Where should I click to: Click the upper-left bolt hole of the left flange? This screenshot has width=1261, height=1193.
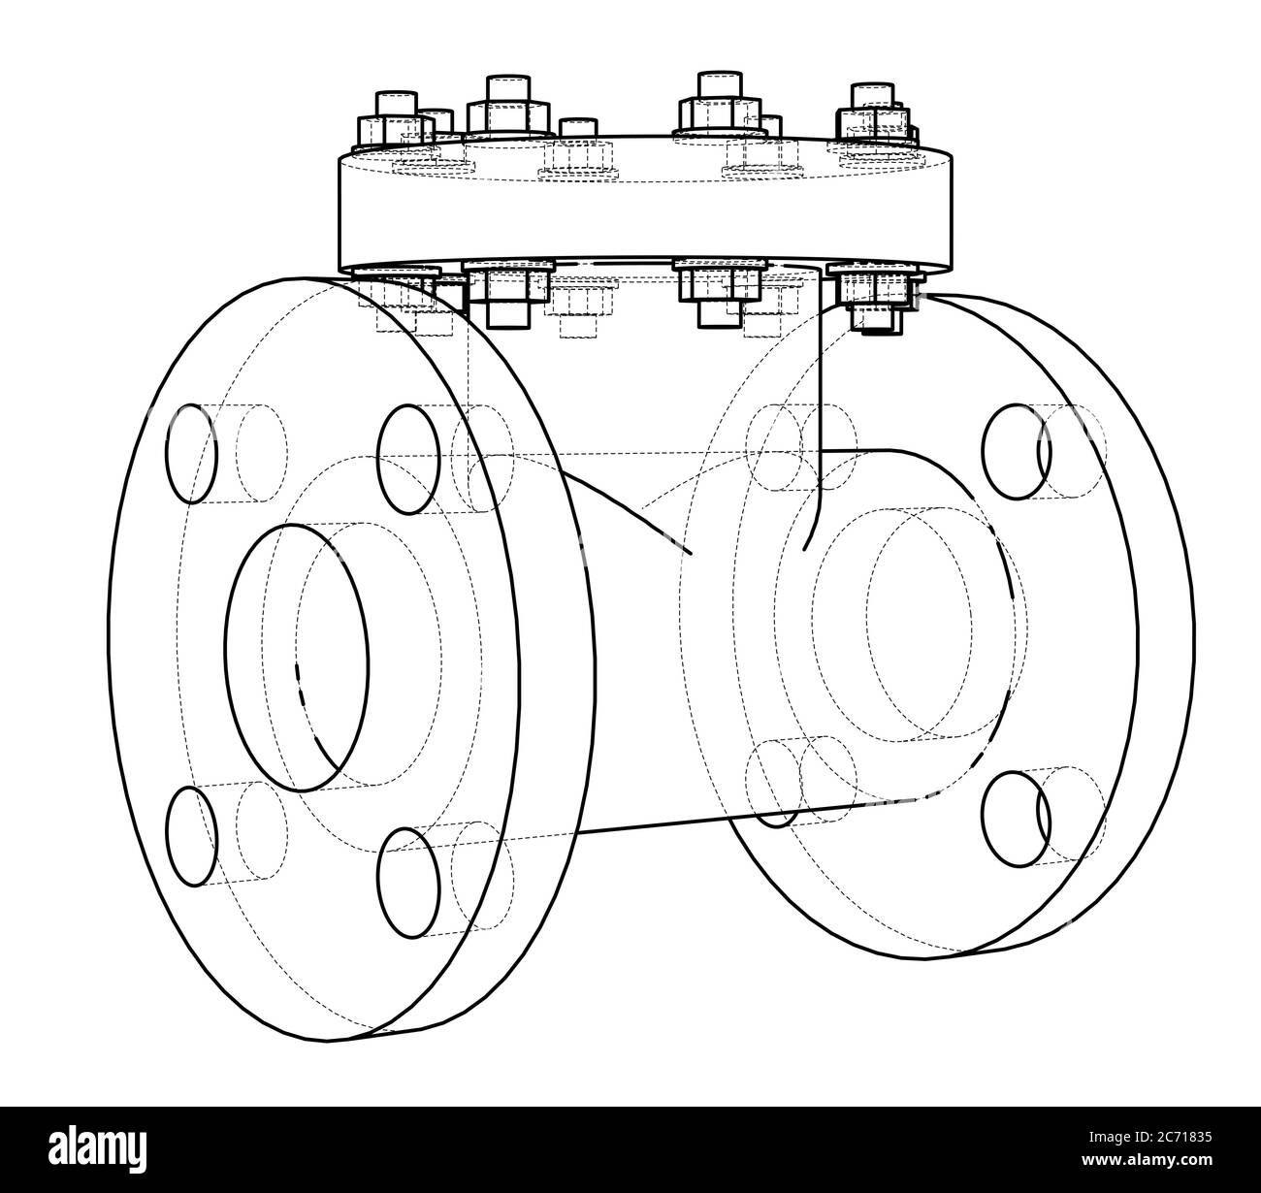(x=191, y=453)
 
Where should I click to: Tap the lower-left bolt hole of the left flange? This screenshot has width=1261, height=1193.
(x=190, y=836)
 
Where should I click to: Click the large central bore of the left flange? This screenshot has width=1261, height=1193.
(x=297, y=658)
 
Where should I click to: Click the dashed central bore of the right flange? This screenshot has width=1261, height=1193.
(x=916, y=641)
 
